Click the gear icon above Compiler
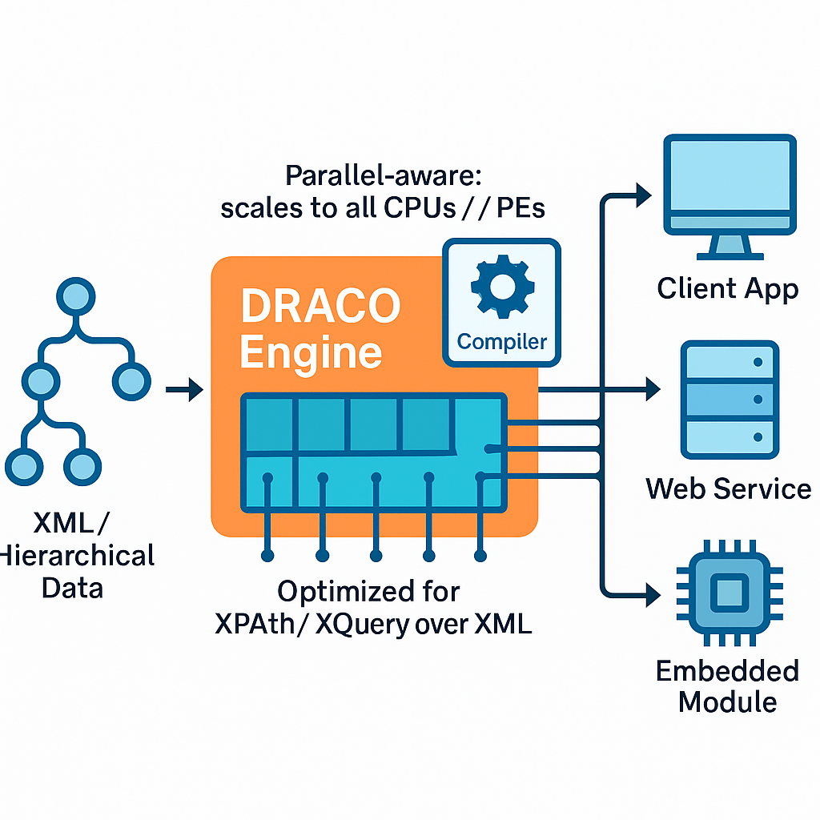coord(501,287)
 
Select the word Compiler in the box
coord(501,341)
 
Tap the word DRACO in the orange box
coord(320,306)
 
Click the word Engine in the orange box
coord(311,352)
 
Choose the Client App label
coord(727,288)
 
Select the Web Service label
coord(728,488)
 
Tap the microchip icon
coord(728,593)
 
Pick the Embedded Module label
coord(727,686)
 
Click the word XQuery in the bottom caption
coord(360,625)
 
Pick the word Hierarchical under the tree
coord(77,556)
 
